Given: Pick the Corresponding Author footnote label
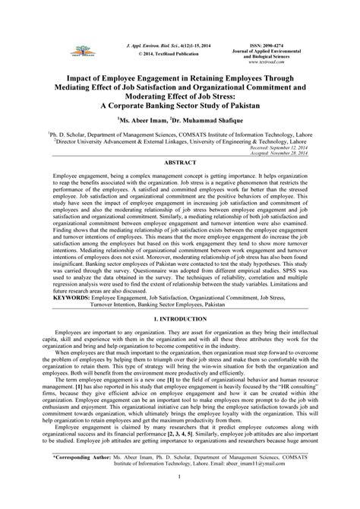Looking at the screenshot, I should point(62,479).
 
